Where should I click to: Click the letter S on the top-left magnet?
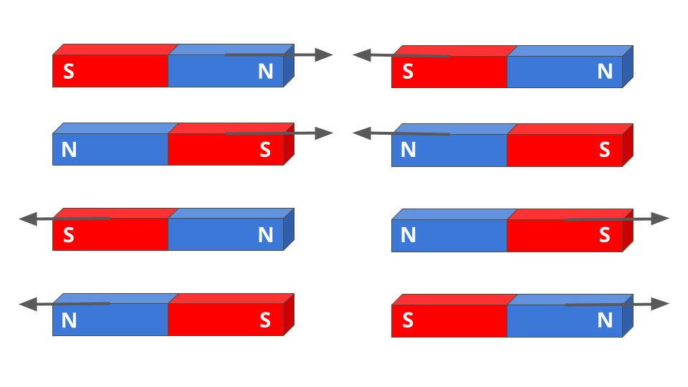tap(69, 72)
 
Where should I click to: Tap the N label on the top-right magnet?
tap(605, 72)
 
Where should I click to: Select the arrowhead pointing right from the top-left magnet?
tap(324, 55)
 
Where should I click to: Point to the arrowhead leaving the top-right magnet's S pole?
tap(361, 55)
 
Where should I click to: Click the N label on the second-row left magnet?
tap(69, 150)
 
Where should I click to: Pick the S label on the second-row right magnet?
tap(605, 150)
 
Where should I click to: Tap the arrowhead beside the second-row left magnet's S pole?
tap(324, 133)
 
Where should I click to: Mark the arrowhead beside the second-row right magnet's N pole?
tap(362, 133)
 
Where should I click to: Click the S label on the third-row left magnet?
tap(69, 235)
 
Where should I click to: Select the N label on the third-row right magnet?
tap(408, 235)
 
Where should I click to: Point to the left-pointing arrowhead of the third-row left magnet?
tap(28, 219)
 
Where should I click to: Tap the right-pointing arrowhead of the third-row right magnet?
tap(660, 219)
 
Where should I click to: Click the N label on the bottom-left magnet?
tap(69, 320)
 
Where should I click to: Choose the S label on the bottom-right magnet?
tap(408, 320)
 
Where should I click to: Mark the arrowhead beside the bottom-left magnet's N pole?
tap(28, 305)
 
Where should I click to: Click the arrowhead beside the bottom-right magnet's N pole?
tap(660, 304)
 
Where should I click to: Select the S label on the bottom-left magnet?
tap(265, 320)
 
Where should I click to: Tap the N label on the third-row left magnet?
tap(265, 235)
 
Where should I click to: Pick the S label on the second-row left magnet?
tap(265, 150)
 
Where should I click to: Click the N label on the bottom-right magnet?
tap(605, 320)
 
